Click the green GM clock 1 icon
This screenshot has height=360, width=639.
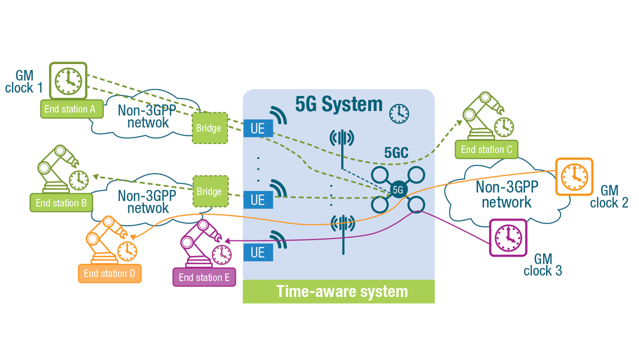click(x=68, y=80)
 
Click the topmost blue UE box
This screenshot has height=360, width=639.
click(x=258, y=129)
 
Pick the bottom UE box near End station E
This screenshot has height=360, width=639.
click(x=258, y=252)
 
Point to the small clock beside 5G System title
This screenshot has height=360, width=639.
click(x=399, y=114)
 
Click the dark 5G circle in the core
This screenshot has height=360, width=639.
click(x=398, y=189)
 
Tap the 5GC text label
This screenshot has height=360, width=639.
click(x=397, y=154)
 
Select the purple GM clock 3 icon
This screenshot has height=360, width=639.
click(x=508, y=238)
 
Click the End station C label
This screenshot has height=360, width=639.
click(x=486, y=149)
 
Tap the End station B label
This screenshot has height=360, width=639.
click(x=61, y=203)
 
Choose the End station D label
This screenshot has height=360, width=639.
click(x=109, y=274)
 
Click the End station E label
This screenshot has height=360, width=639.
click(x=204, y=278)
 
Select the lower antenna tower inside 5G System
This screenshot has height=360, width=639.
click(x=342, y=232)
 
